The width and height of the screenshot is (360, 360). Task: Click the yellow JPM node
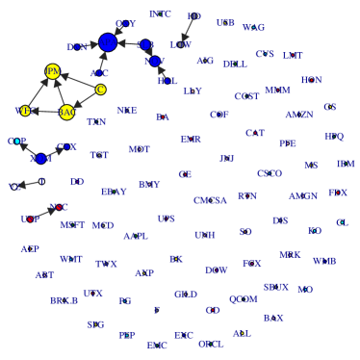(x=53, y=71)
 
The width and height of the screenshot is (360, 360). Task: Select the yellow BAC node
(x=66, y=113)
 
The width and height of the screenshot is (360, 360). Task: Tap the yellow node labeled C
(x=100, y=90)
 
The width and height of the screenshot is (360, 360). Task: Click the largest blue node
(x=108, y=42)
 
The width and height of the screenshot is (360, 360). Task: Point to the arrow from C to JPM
(x=77, y=81)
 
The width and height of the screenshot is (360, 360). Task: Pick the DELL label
(x=234, y=64)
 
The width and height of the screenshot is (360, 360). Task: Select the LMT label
(x=293, y=56)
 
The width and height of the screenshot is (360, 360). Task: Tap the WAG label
(x=254, y=28)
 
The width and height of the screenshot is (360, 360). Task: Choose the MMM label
(x=277, y=90)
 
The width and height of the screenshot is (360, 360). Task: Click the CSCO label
(x=270, y=173)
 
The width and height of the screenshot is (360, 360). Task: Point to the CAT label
(x=255, y=133)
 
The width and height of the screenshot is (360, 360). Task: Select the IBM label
(x=346, y=165)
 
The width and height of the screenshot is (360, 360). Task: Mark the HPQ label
(x=334, y=137)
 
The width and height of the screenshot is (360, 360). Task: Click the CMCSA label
(x=210, y=200)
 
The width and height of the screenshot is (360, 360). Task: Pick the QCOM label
(x=243, y=299)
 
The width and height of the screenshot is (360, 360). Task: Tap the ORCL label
(x=211, y=344)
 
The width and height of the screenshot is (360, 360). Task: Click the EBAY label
(x=64, y=300)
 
